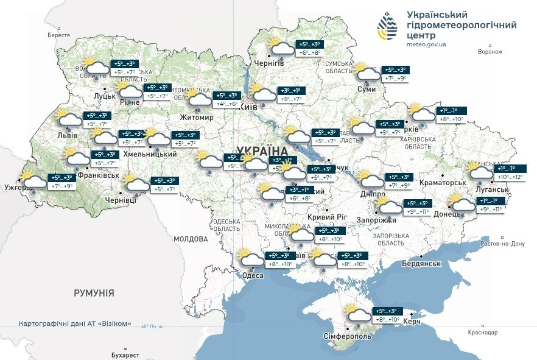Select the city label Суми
point(367,89)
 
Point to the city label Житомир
point(197,117)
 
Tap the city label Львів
point(66,135)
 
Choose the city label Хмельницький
point(150,154)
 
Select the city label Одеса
point(253,275)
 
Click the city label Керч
point(412,321)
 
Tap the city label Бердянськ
point(421,263)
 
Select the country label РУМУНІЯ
point(94,293)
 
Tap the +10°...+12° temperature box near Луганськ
point(510,177)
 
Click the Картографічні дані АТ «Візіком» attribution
point(75,323)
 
